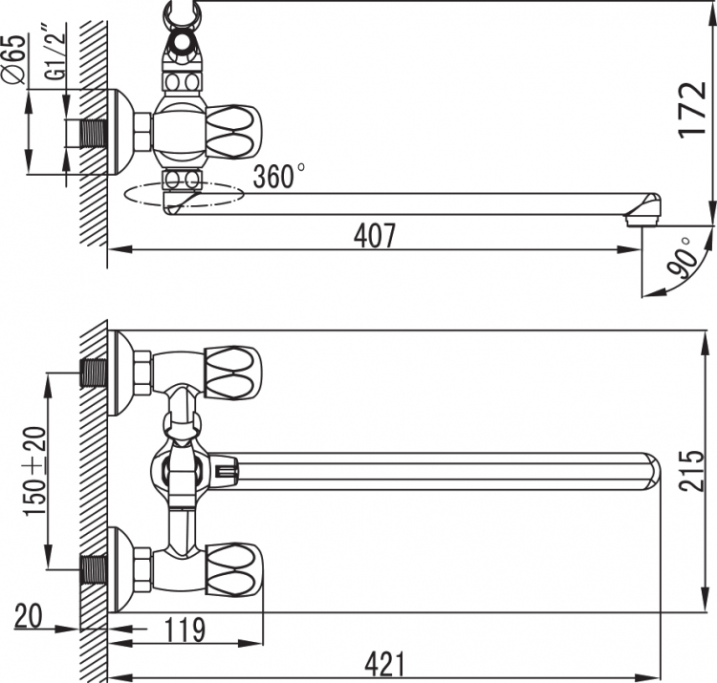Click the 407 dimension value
click(375, 235)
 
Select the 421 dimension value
click(385, 664)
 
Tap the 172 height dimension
click(692, 110)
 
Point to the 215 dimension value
click(692, 471)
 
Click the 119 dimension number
click(185, 630)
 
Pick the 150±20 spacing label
click(35, 472)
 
